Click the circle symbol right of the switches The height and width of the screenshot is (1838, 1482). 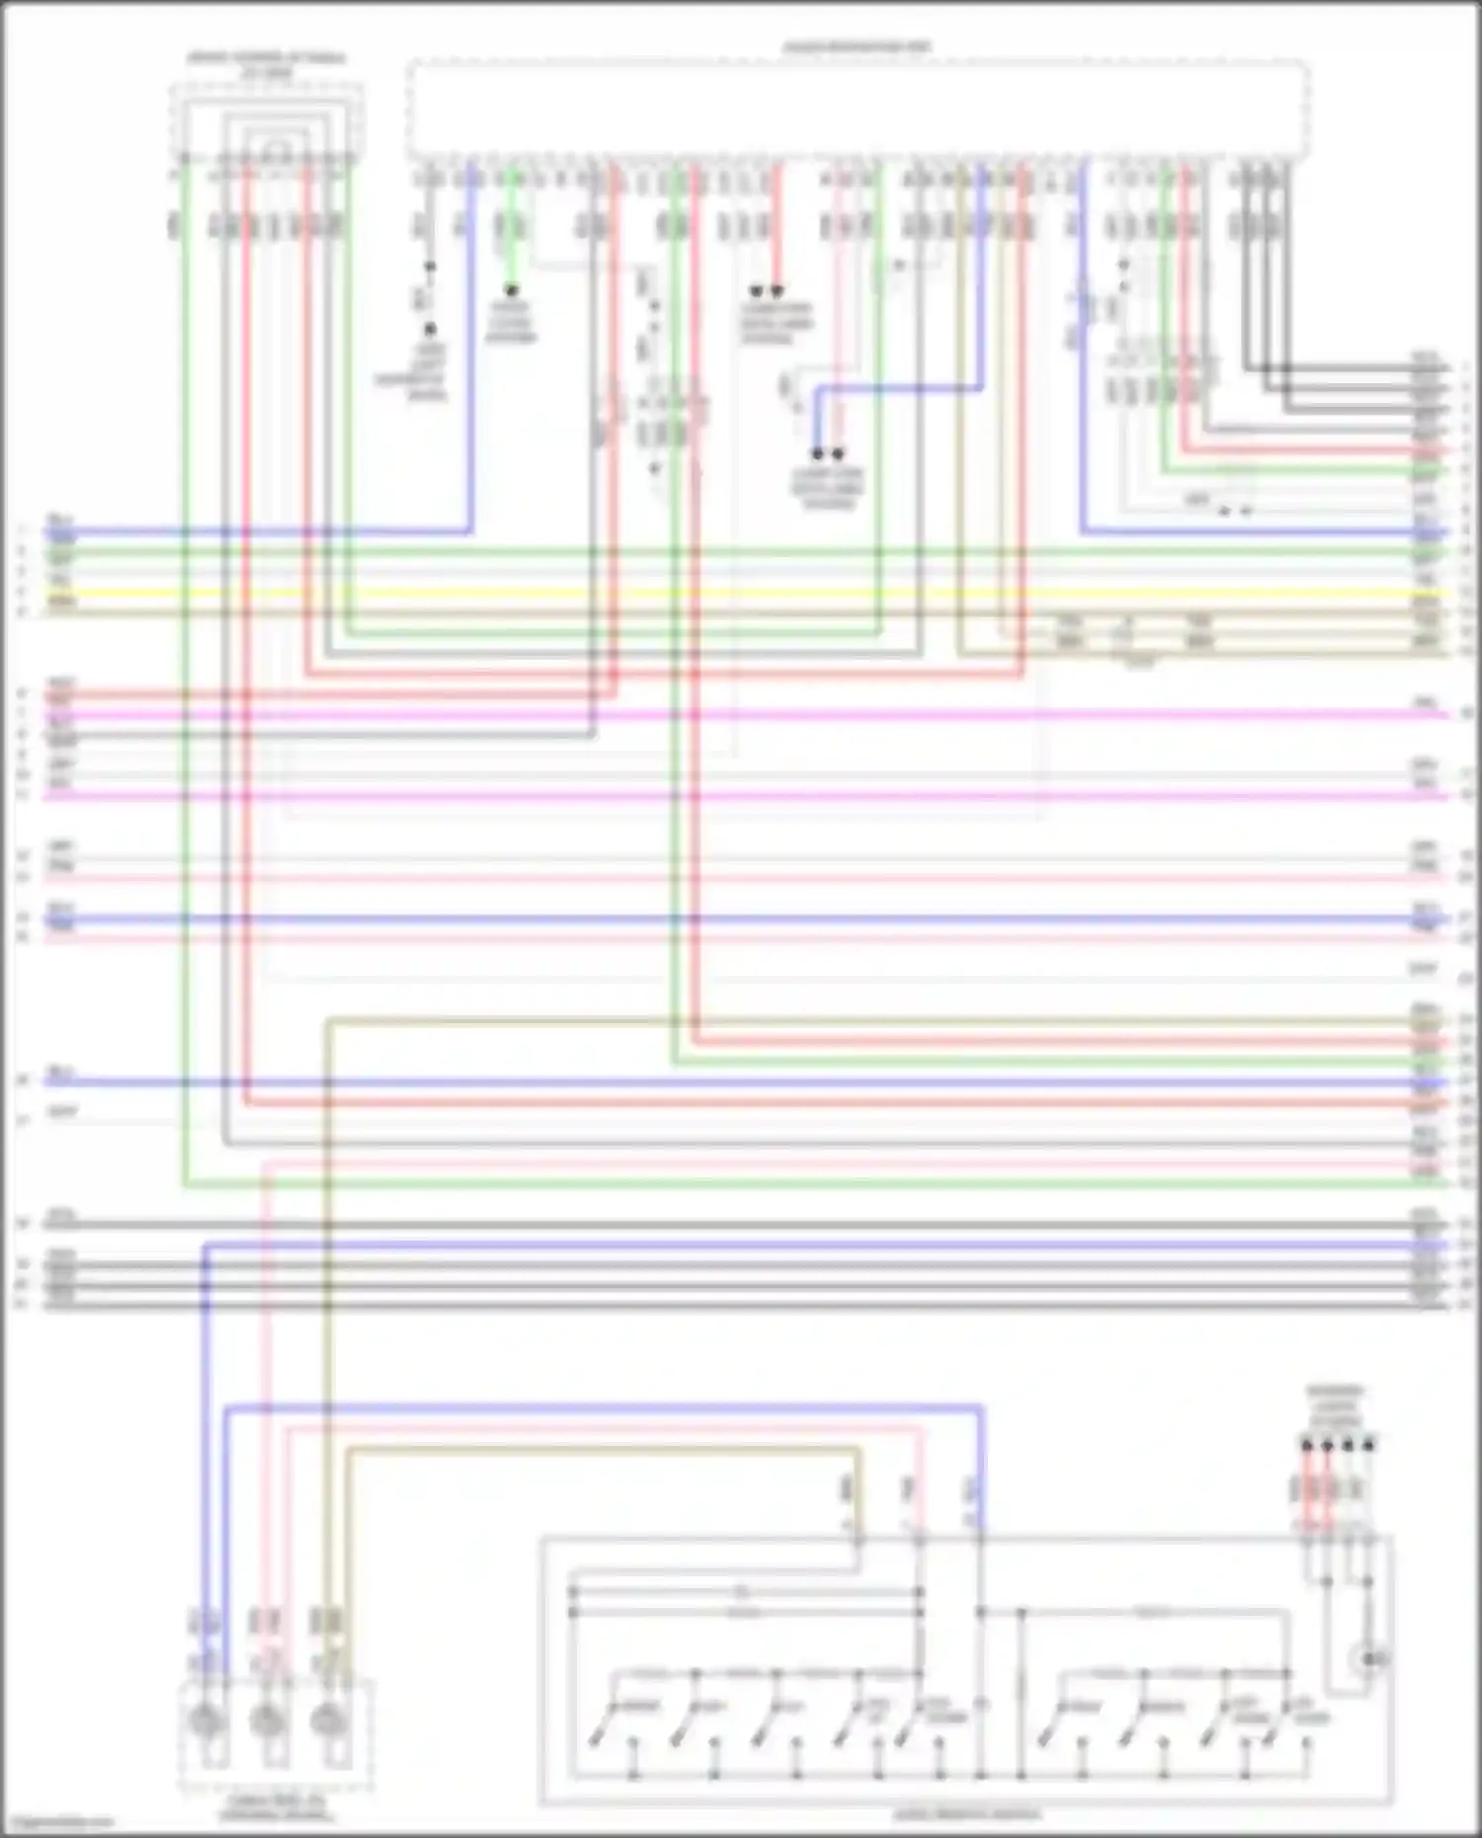point(1370,1659)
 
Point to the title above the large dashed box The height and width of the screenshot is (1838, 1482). point(858,46)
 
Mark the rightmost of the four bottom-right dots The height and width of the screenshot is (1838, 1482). point(1368,1445)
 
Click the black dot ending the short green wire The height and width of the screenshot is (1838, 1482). point(511,291)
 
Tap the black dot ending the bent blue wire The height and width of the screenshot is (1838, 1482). point(817,454)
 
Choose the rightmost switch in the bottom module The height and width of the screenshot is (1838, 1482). point(1284,1734)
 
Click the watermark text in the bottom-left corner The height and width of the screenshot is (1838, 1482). point(57,1822)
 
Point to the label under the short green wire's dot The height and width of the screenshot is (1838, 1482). point(511,322)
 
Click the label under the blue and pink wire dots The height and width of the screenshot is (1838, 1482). point(828,489)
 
